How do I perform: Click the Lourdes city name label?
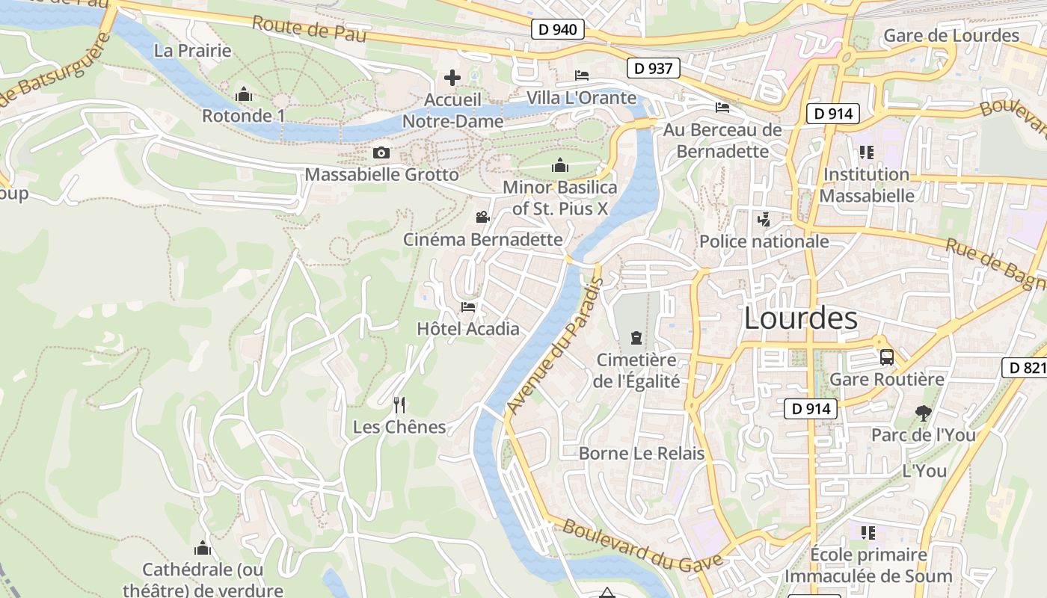[x=801, y=318]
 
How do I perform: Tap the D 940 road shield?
[x=558, y=29]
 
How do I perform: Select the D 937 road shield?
[x=653, y=68]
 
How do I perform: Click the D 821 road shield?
[x=1025, y=367]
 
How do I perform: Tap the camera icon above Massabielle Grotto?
[x=381, y=153]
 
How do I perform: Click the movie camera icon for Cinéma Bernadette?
[x=482, y=218]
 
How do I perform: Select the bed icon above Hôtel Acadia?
[x=468, y=306]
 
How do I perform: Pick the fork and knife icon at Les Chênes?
[x=399, y=405]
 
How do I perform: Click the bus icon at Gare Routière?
[x=887, y=357]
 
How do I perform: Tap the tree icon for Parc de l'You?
[x=924, y=412]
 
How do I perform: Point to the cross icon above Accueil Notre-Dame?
[x=452, y=77]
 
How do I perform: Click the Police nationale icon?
[x=764, y=220]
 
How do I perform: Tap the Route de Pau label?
[x=309, y=29]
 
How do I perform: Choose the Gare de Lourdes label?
[x=951, y=35]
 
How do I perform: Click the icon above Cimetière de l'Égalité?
[x=636, y=337]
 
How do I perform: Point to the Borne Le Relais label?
[x=642, y=453]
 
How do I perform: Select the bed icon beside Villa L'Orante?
[x=582, y=75]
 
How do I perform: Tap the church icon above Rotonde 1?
[x=243, y=95]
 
